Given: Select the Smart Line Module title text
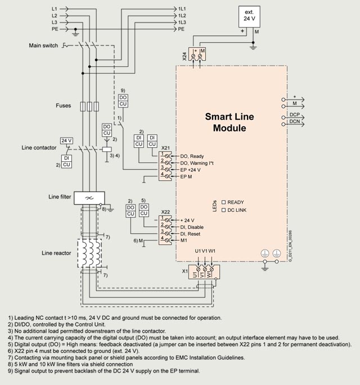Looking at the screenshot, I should point(229,123).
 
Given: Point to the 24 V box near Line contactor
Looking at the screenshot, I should point(66,141).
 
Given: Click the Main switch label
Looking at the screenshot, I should point(43,46).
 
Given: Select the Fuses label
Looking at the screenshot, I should point(64,105).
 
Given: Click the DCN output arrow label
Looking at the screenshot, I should point(294,121).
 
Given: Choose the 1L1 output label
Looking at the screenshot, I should point(182,9).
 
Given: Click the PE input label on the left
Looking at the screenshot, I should point(55,29).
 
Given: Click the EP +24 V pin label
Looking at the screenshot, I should point(190,169).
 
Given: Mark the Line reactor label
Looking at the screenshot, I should point(56,253).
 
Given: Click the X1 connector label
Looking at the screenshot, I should point(184,271).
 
